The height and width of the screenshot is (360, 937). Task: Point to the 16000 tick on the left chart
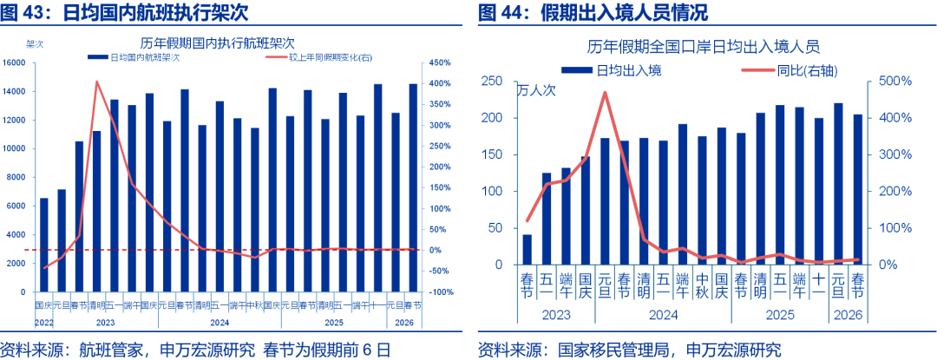tap(15, 62)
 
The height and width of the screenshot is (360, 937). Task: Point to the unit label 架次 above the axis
tap(36, 43)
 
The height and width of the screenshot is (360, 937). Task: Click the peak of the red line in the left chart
tap(96, 82)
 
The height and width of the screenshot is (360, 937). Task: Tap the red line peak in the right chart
tap(605, 92)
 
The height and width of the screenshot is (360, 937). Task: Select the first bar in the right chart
tap(527, 249)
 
